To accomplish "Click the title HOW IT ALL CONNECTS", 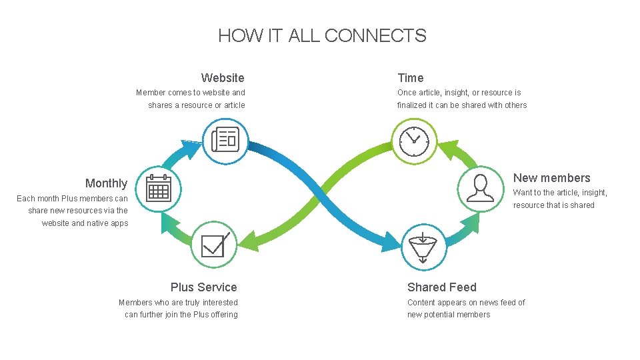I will click(x=322, y=35).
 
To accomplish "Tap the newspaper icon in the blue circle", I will click(x=225, y=141).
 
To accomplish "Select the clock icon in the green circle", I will click(x=414, y=141).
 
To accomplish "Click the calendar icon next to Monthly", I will click(x=159, y=189).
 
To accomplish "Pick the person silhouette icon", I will click(x=480, y=188).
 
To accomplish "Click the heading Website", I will click(x=223, y=78).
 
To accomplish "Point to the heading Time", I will click(x=411, y=78).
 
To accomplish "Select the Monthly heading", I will click(x=106, y=183).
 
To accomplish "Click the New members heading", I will click(x=551, y=178).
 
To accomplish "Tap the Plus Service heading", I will click(x=203, y=287).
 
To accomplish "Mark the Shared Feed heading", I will click(x=442, y=287).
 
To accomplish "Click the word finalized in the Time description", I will click(x=414, y=105).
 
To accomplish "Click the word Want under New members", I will click(x=522, y=193).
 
